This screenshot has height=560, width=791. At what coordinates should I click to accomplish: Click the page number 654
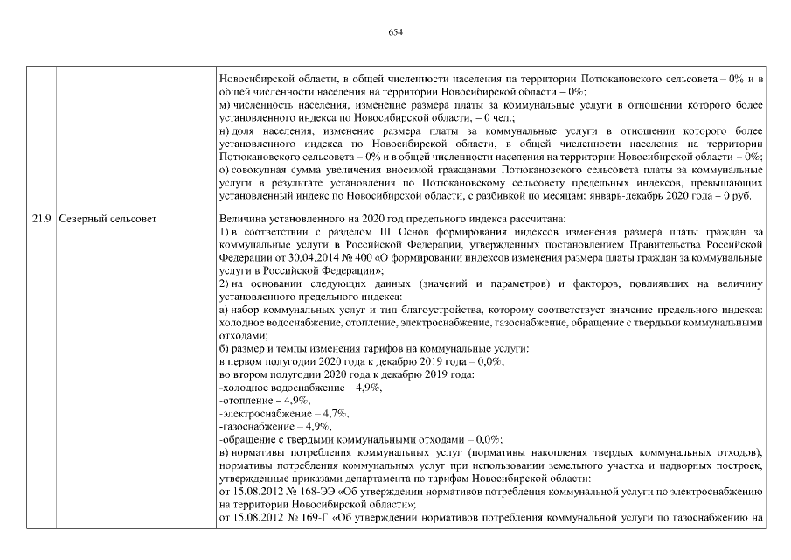point(395,31)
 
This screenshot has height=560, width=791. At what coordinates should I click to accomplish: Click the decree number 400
point(357,260)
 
